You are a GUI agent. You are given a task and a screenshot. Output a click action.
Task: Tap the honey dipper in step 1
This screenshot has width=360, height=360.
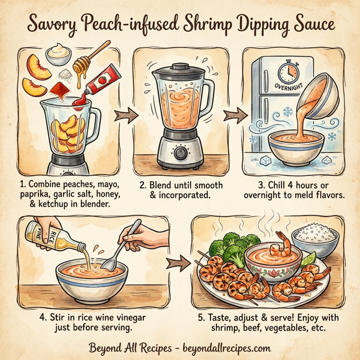pos(89,60)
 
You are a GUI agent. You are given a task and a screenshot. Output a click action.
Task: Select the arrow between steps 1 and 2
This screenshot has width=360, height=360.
pos(124,112)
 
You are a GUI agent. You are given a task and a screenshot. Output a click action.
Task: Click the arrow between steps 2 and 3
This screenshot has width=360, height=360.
pos(237,112)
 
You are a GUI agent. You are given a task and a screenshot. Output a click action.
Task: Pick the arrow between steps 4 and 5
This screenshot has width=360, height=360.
pos(175,262)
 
